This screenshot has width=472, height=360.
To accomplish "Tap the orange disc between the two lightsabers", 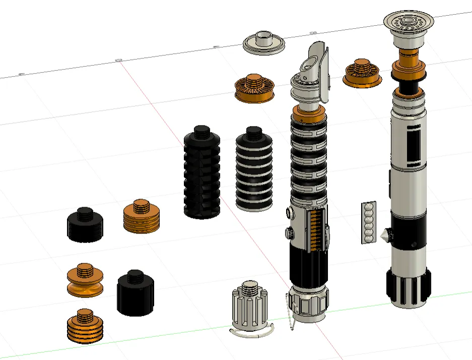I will coord(363,75).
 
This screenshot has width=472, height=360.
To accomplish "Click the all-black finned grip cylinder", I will coord(201,174).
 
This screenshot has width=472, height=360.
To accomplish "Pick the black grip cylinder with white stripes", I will coord(255,171).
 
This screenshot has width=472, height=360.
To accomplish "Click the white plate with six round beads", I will coord(369,222).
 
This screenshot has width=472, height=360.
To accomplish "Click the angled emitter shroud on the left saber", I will coord(317,68).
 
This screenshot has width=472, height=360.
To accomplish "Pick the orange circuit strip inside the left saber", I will coord(316,230).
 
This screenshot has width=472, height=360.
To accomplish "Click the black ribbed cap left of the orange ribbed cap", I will coord(86,225).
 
